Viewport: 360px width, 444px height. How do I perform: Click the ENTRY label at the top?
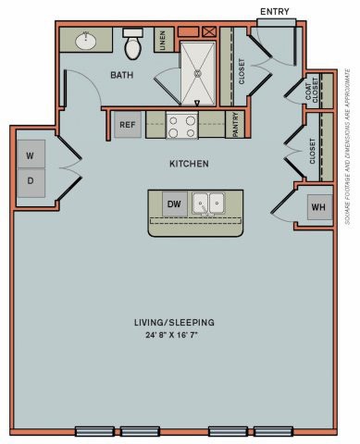point(275,11)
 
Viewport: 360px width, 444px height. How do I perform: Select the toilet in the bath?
point(131,45)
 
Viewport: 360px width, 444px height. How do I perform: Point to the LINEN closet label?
point(163,43)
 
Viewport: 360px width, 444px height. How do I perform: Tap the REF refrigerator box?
point(128,125)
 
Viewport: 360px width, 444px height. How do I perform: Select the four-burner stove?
point(181,125)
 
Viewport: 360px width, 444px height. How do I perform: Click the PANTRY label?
point(237,125)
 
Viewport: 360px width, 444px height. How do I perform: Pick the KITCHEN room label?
point(188,164)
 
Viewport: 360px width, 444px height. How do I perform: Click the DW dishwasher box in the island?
point(173,203)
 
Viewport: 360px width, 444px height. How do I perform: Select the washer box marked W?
point(30,154)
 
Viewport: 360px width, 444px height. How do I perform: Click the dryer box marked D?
point(30,181)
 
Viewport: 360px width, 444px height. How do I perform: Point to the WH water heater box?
point(318,207)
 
